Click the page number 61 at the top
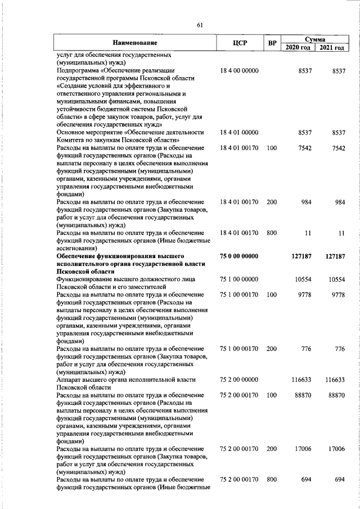200,25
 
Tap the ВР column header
272,43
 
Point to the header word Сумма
314,38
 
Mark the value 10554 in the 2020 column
299,279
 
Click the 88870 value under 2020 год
299,395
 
